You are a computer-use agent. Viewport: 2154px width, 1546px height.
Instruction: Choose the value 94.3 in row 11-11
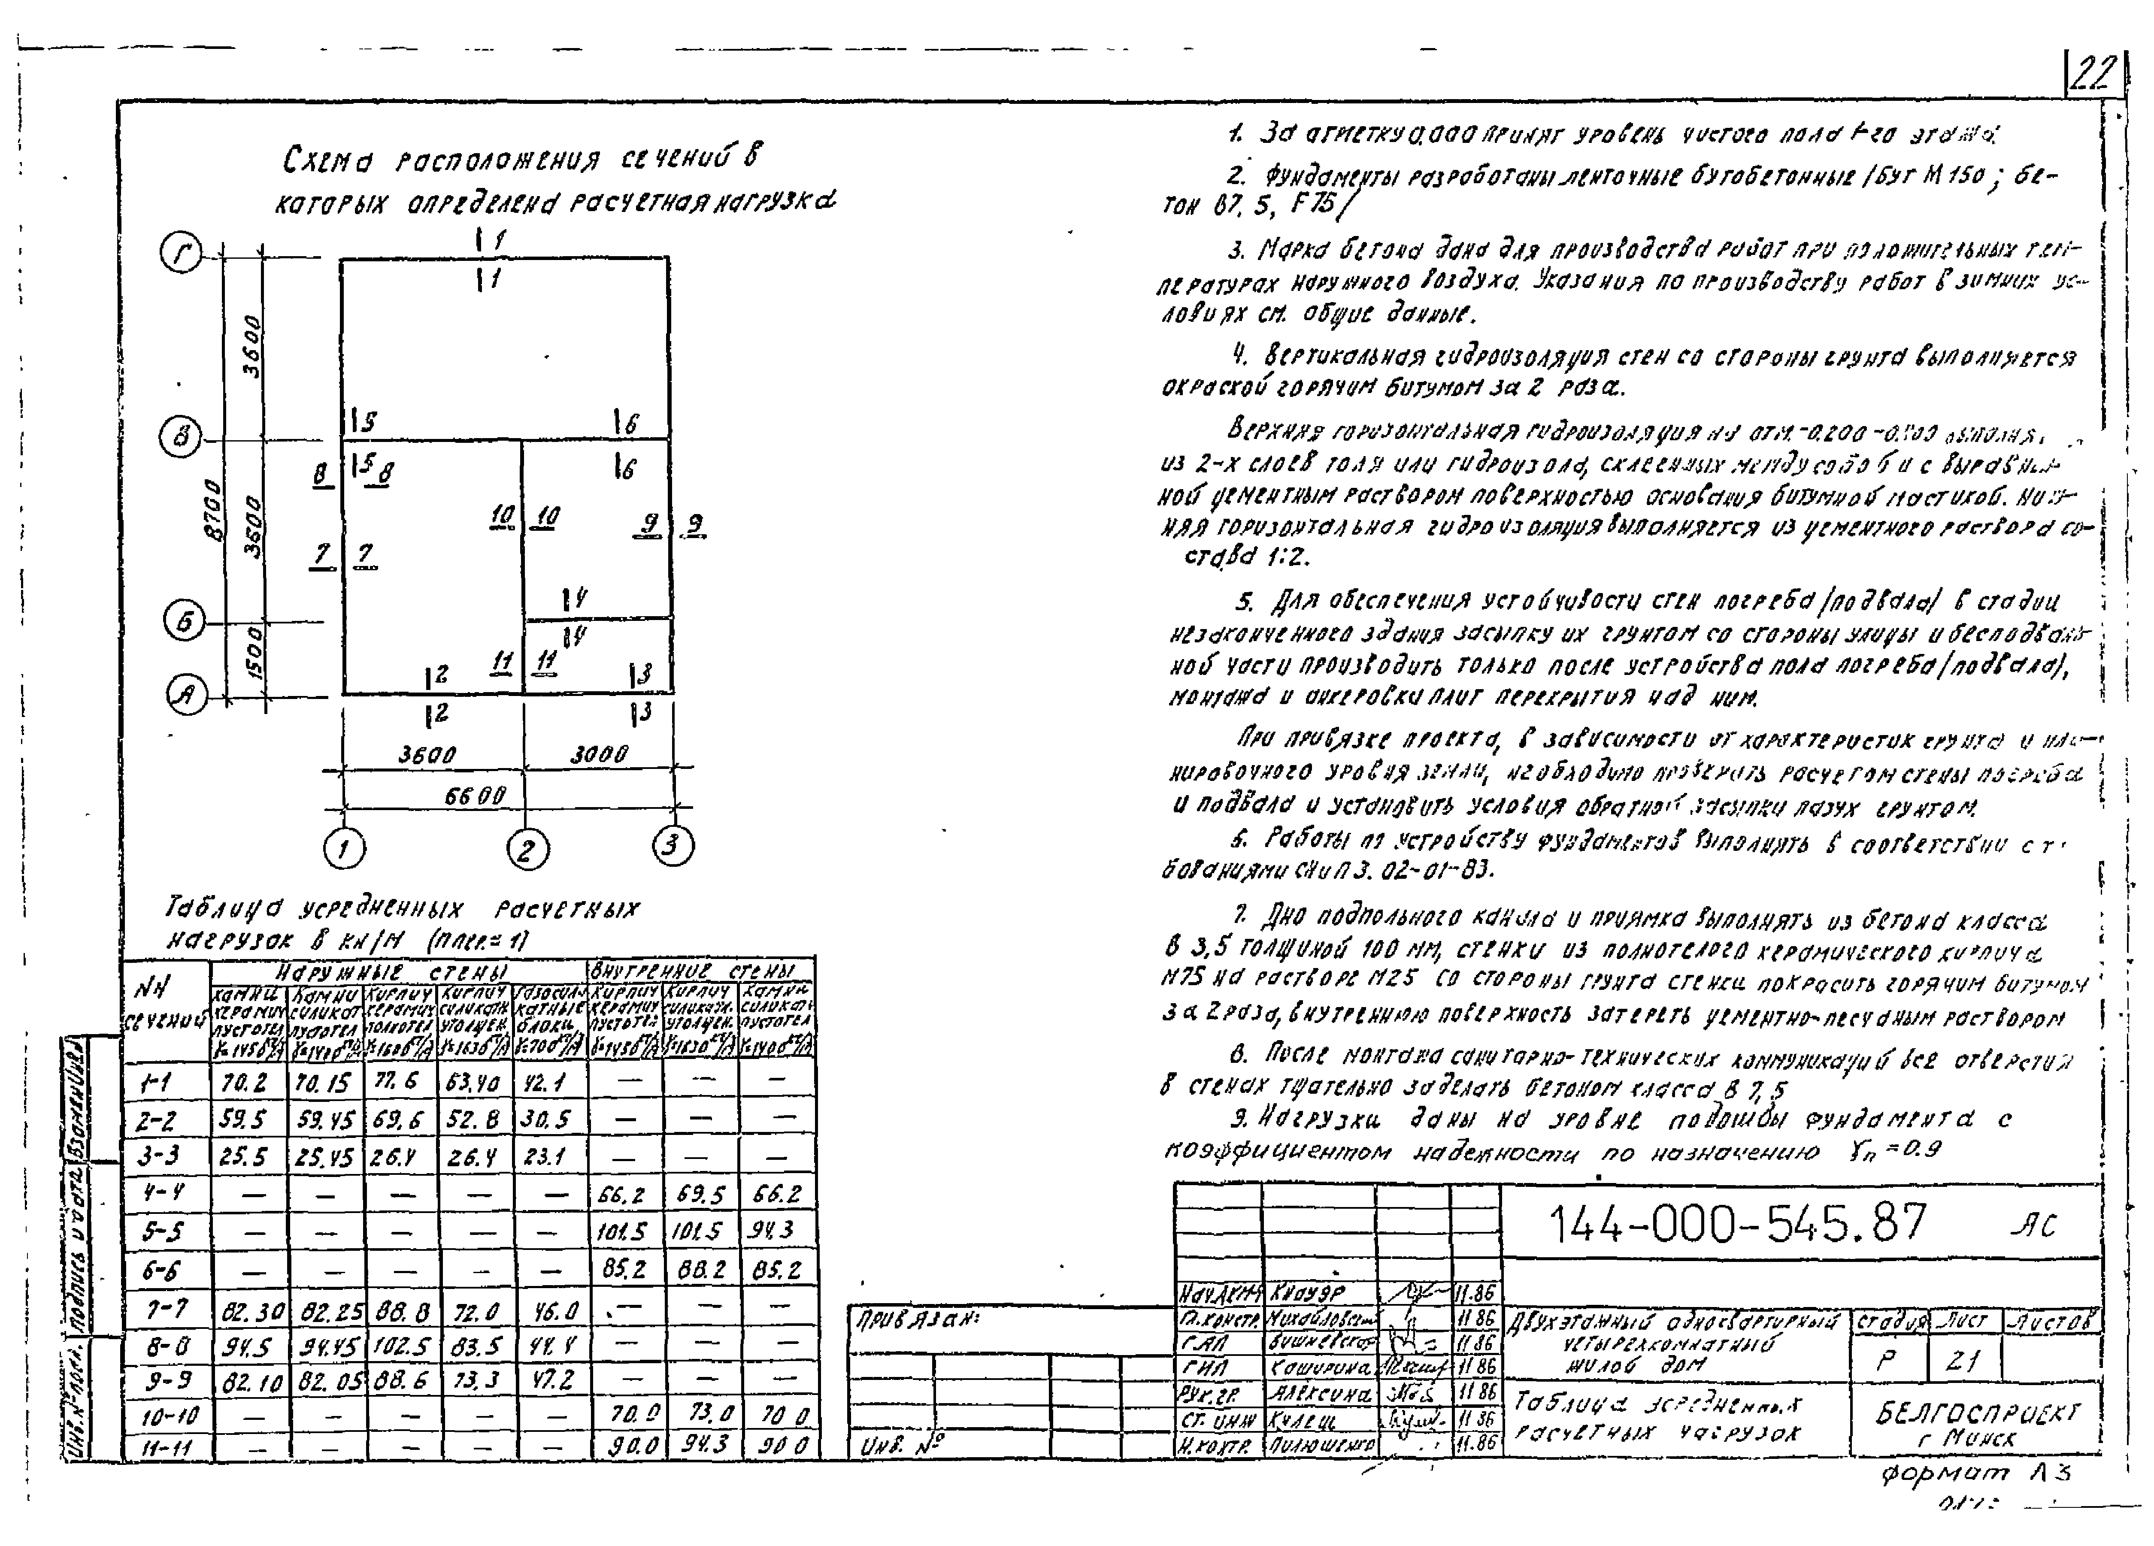tap(705, 1444)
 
